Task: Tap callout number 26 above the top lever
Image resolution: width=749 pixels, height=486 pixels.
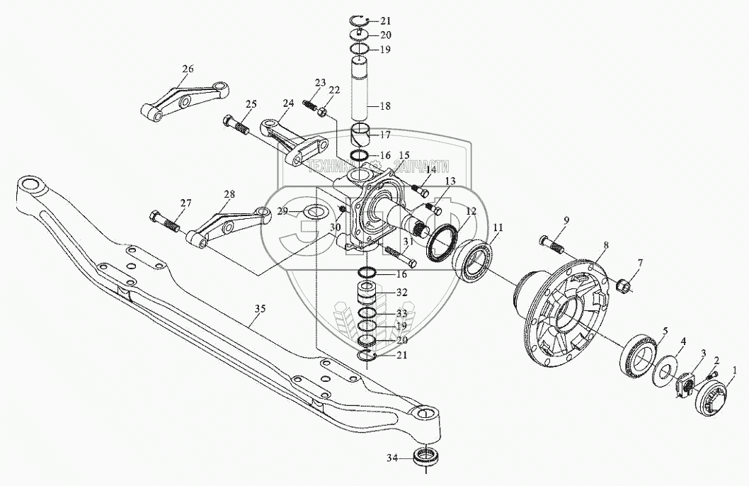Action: pos(187,69)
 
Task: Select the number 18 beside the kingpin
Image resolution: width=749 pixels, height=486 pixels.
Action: pos(385,106)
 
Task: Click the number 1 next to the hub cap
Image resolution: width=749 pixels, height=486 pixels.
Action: pos(735,370)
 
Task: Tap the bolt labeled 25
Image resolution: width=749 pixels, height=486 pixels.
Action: pos(236,127)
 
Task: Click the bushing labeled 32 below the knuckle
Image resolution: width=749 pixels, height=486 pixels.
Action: pos(366,292)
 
